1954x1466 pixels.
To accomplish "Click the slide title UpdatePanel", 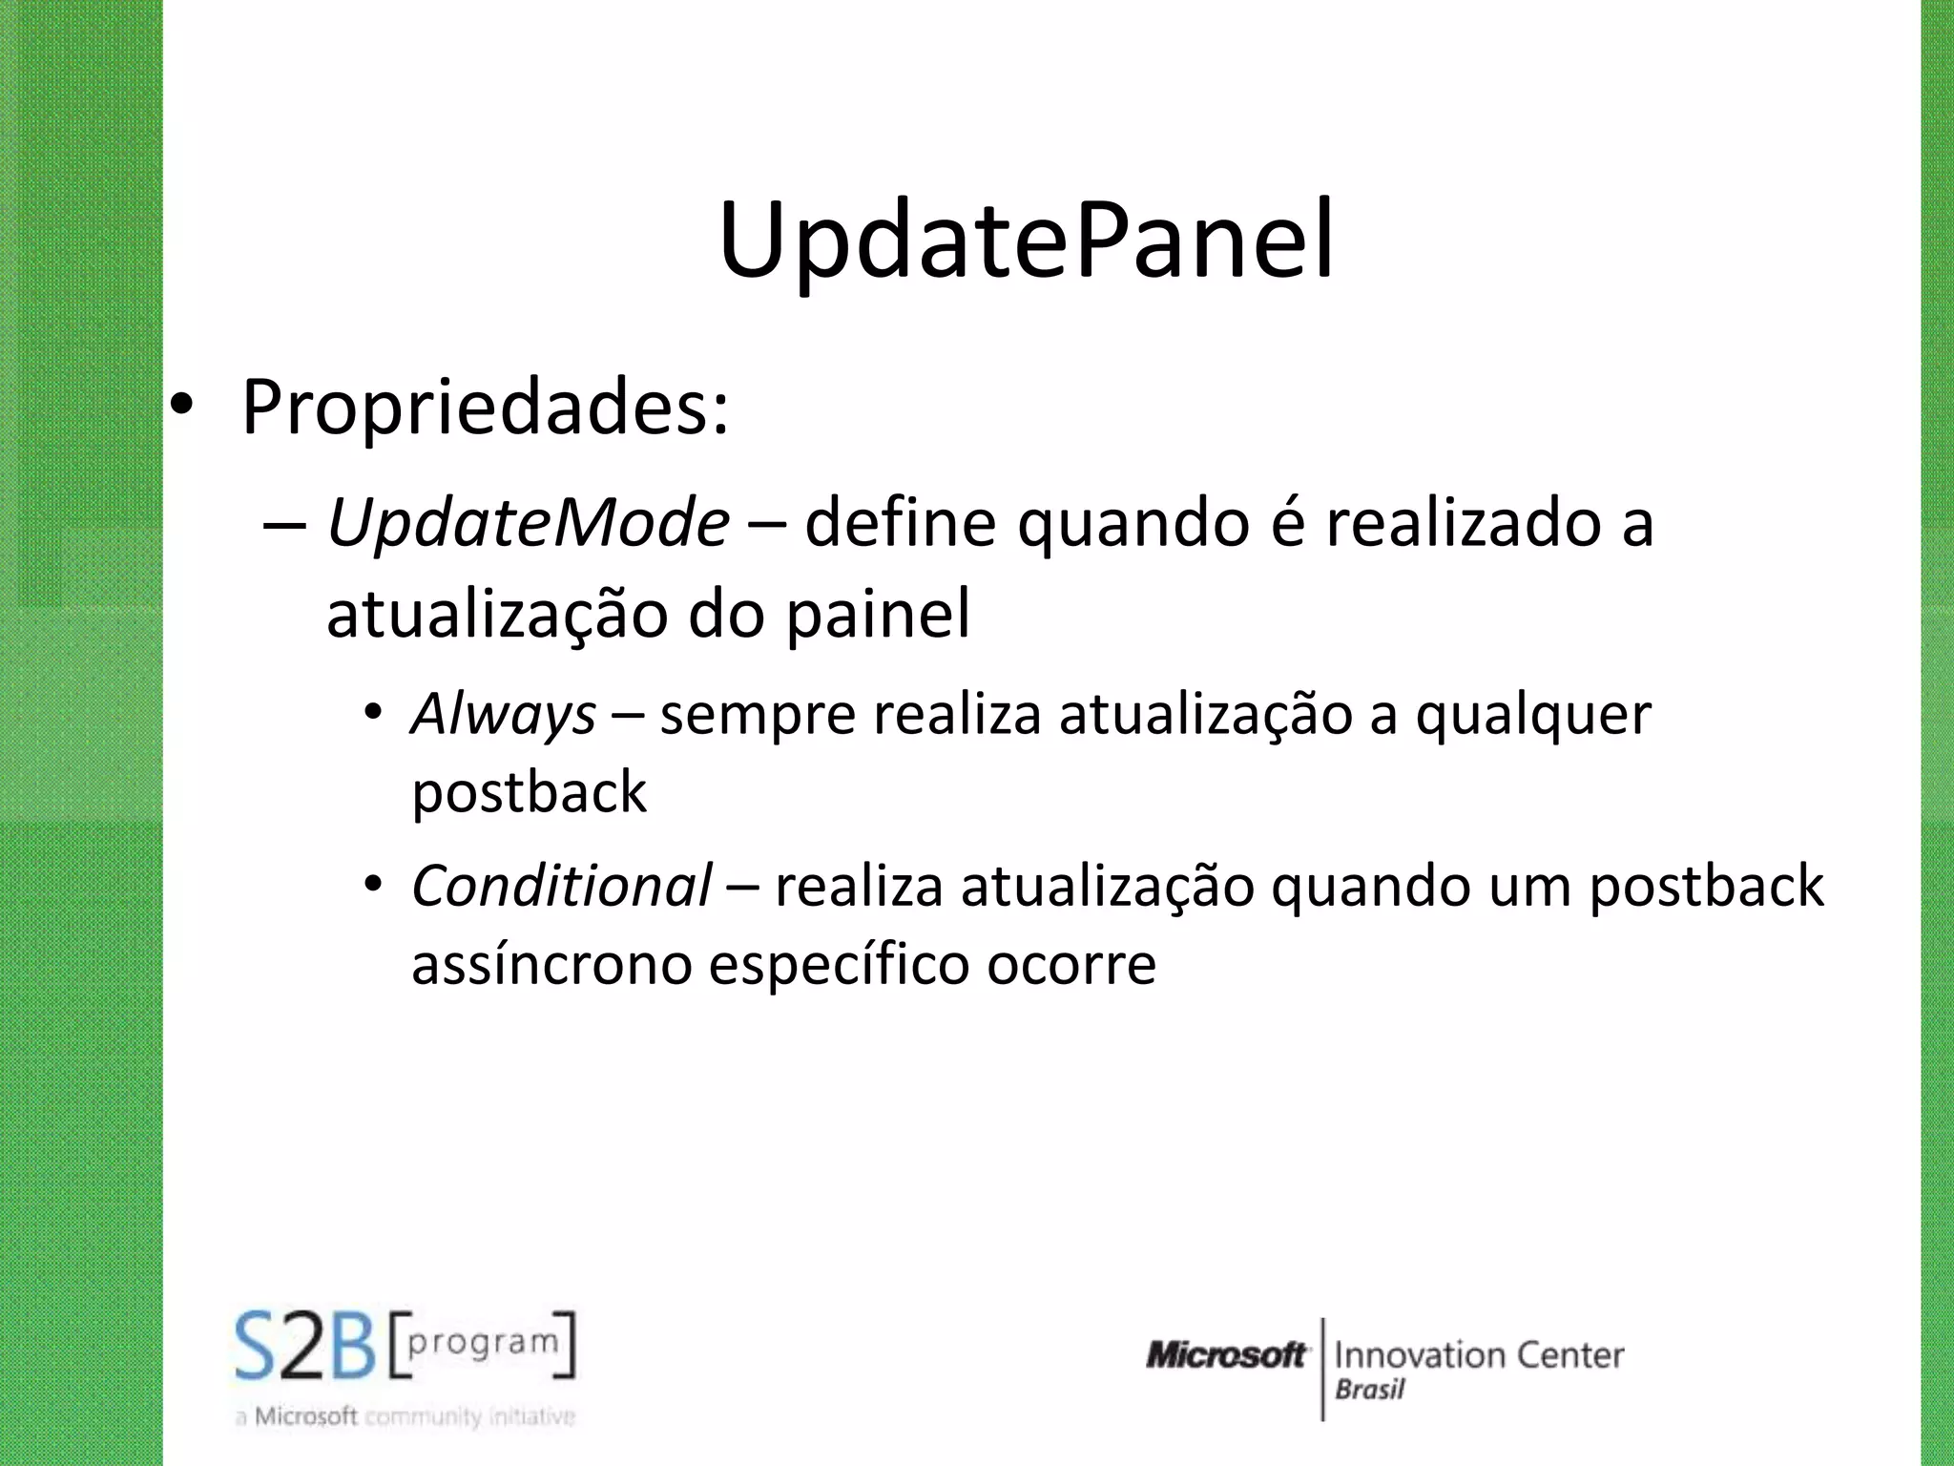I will pyautogui.click(x=1026, y=241).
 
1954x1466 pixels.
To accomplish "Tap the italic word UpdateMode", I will pyautogui.click(x=528, y=523).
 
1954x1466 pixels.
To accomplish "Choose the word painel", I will pyautogui.click(x=878, y=614).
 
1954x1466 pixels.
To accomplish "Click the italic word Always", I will pyautogui.click(x=504, y=714).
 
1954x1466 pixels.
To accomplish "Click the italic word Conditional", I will pyautogui.click(x=561, y=886).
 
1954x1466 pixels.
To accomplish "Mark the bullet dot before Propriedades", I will pyautogui.click(x=182, y=408).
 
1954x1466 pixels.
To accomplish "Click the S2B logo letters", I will pyautogui.click(x=305, y=1347).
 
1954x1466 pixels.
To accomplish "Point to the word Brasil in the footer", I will pyautogui.click(x=1369, y=1390).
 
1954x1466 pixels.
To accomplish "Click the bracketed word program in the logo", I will pyautogui.click(x=483, y=1342).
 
